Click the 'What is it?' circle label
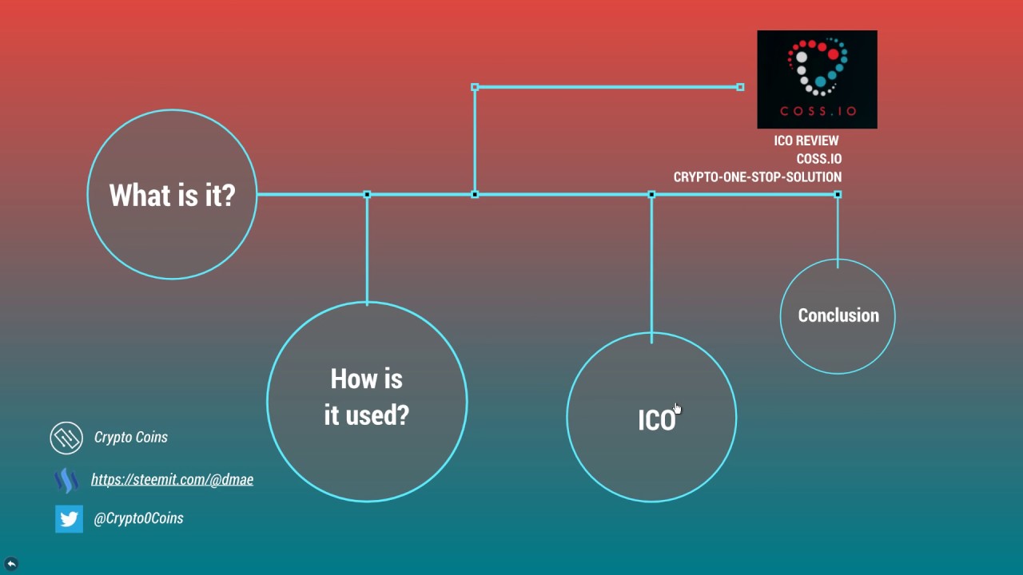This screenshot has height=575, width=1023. pyautogui.click(x=172, y=195)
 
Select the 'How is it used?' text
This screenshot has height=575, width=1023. pyautogui.click(x=367, y=397)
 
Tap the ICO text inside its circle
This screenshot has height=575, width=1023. pyautogui.click(x=656, y=421)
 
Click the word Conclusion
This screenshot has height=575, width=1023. pyautogui.click(x=838, y=315)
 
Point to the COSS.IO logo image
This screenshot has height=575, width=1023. pyautogui.click(x=817, y=79)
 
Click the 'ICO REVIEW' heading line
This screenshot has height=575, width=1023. pyautogui.click(x=806, y=141)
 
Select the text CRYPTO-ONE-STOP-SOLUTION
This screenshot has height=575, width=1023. pyautogui.click(x=757, y=177)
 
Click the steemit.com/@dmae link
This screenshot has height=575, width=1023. pyautogui.click(x=172, y=479)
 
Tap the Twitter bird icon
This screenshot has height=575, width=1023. pyautogui.click(x=69, y=519)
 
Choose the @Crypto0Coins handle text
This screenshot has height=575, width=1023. pyautogui.click(x=138, y=518)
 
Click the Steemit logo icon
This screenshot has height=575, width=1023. pyautogui.click(x=66, y=480)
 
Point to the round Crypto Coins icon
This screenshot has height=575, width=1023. pyautogui.click(x=66, y=438)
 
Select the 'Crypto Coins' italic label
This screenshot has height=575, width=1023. pyautogui.click(x=131, y=438)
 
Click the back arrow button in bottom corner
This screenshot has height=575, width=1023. pyautogui.click(x=11, y=564)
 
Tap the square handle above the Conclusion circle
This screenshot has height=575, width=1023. pyautogui.click(x=838, y=195)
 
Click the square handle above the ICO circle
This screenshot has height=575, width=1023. pyautogui.click(x=651, y=195)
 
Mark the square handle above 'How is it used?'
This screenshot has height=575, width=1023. pyautogui.click(x=367, y=195)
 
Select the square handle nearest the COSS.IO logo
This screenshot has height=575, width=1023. pyautogui.click(x=740, y=87)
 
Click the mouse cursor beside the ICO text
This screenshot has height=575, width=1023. pyautogui.click(x=677, y=409)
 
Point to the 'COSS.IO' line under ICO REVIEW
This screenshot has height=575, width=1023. pyautogui.click(x=818, y=159)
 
